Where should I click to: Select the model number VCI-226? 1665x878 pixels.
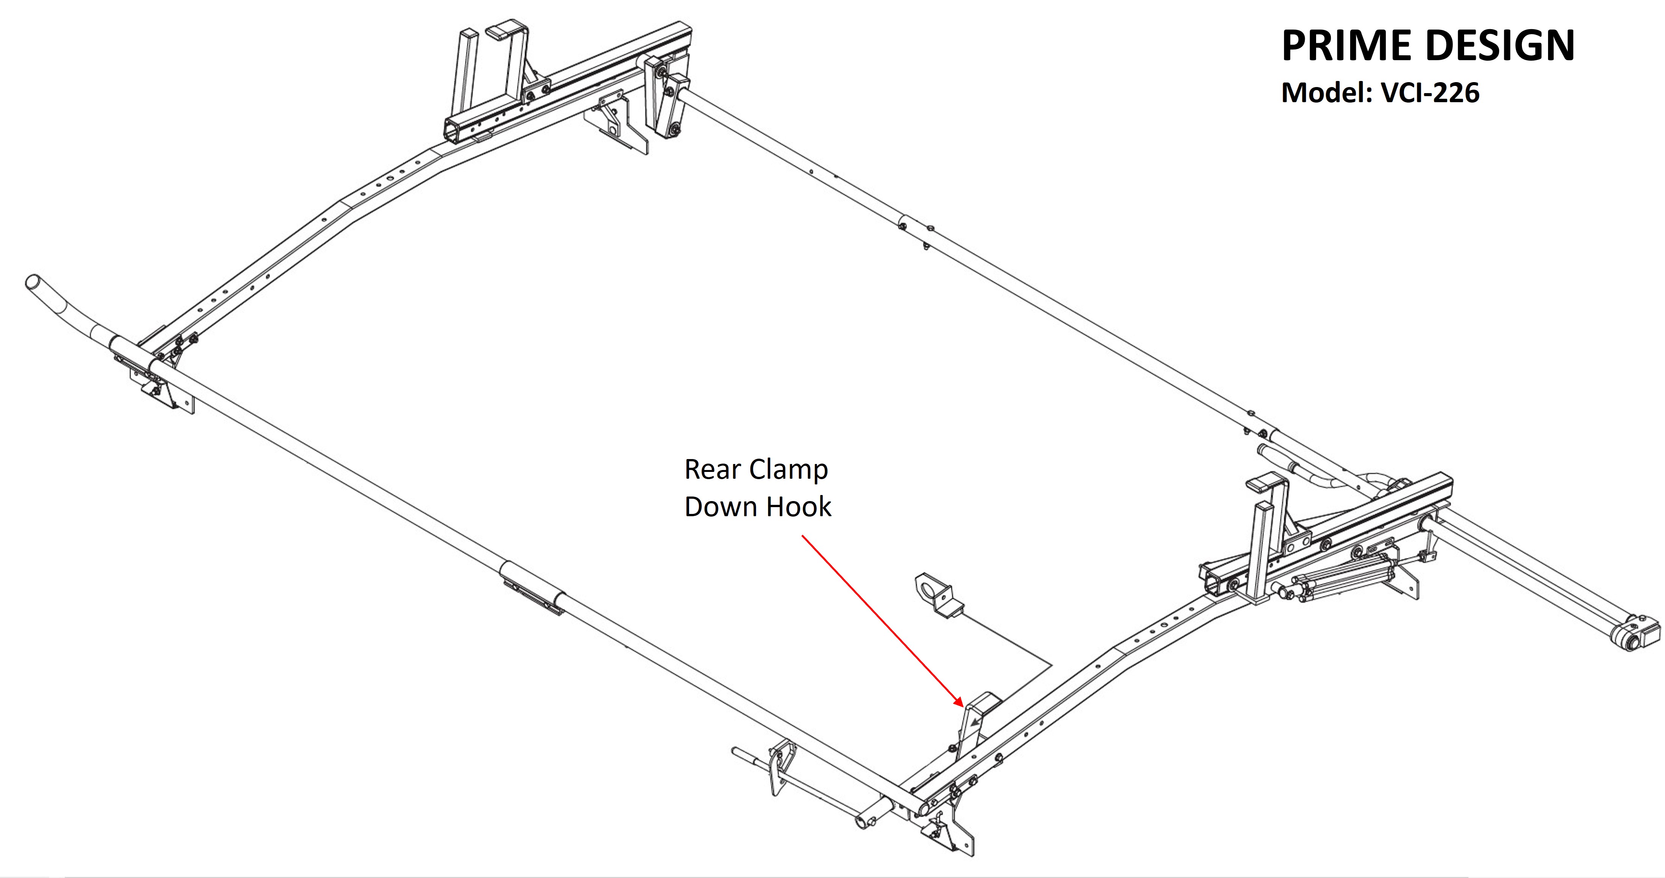[1430, 92]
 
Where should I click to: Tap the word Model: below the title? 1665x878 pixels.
[1327, 92]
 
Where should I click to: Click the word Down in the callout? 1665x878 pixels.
[723, 507]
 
